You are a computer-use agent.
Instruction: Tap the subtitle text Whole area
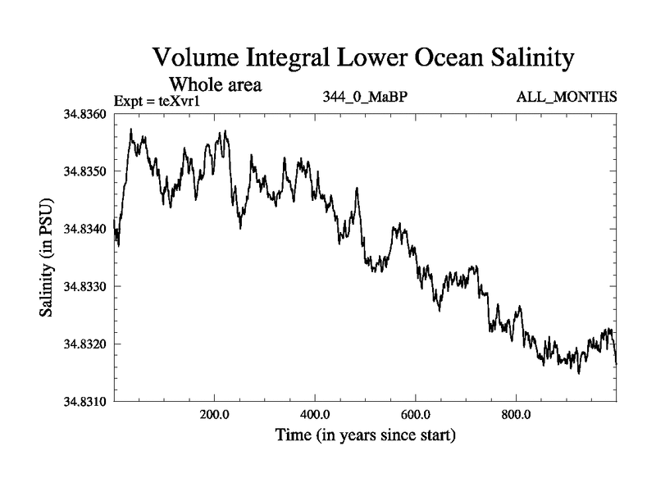tap(215, 84)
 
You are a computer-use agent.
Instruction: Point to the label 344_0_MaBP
tap(366, 98)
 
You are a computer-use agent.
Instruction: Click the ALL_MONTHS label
tap(566, 98)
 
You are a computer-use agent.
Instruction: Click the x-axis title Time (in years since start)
tap(365, 435)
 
